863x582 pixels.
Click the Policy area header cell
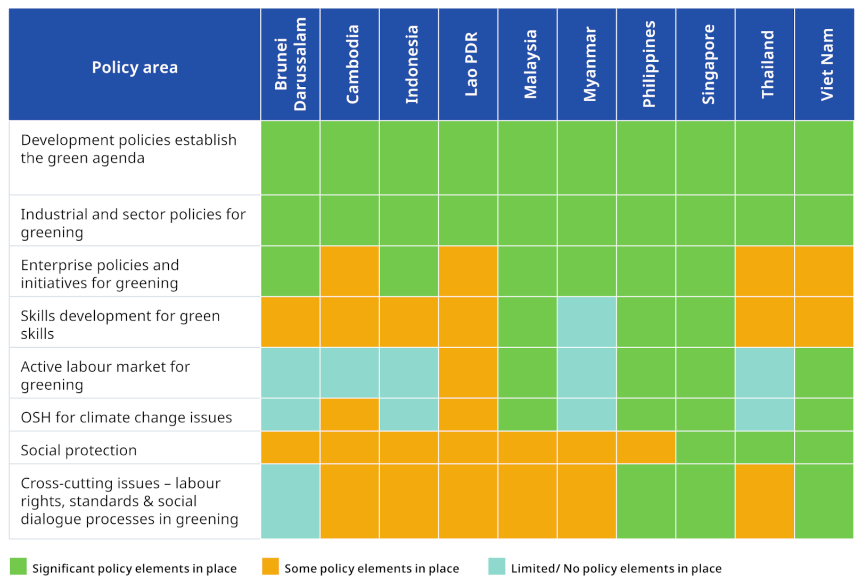click(x=135, y=67)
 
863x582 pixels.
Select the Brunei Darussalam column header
click(x=290, y=64)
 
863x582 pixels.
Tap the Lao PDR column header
click(x=469, y=64)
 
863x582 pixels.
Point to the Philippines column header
click(x=646, y=64)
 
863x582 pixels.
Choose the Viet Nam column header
click(x=824, y=64)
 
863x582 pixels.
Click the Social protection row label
click(x=79, y=450)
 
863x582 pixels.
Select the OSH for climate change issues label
click(x=126, y=417)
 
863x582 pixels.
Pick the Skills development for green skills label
click(x=120, y=324)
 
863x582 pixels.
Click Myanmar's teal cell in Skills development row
click(x=587, y=322)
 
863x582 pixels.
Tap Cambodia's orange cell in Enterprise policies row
click(x=350, y=271)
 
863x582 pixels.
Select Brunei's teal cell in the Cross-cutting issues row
click(x=290, y=501)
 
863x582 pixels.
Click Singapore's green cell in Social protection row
click(x=705, y=447)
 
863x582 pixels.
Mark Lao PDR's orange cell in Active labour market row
click(x=469, y=373)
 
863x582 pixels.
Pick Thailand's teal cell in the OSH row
click(x=765, y=415)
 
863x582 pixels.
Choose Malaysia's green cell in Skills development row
click(x=528, y=322)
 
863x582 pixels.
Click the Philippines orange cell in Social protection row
click(x=646, y=447)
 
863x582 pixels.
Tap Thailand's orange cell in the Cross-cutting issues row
click(x=765, y=501)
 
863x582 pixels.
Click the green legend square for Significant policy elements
click(x=18, y=567)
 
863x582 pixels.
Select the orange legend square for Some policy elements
click(x=270, y=567)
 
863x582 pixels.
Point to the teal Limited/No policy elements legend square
click(x=497, y=567)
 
